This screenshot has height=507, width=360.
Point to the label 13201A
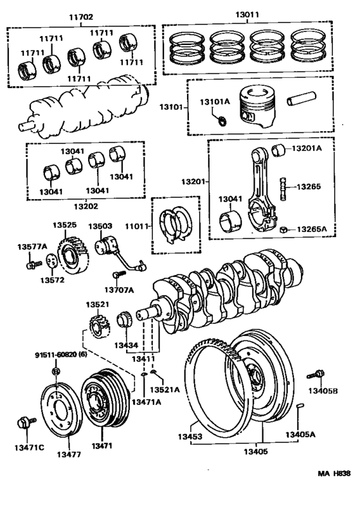point(307,148)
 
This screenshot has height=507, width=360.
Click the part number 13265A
point(312,229)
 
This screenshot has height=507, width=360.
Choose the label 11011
point(136,226)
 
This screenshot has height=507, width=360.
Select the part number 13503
point(100,226)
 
